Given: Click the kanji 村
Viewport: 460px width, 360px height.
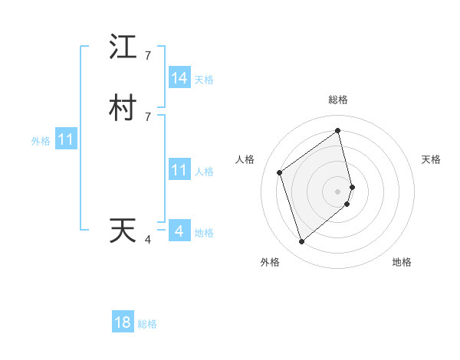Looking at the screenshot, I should coord(123,108).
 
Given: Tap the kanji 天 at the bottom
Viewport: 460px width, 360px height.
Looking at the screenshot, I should coord(123,231).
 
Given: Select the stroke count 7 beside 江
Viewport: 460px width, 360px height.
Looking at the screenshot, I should coord(148,55).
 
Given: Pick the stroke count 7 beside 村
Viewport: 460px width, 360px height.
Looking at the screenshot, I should coord(148,116).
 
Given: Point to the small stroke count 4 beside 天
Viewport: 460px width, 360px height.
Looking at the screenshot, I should coord(148,240).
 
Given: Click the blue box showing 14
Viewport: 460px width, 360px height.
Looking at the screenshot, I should coord(179,78).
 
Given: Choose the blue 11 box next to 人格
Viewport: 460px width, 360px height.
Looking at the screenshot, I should coord(179,170).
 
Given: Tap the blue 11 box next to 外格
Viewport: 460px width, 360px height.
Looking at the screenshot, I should coord(66,140).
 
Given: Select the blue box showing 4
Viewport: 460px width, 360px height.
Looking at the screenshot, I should coord(179,231).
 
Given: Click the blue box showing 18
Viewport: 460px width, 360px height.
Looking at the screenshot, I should coord(123,322).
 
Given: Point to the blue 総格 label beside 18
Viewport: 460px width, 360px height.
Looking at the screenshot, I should coord(148,324).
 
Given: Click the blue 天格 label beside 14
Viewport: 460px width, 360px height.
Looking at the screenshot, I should coord(204,80).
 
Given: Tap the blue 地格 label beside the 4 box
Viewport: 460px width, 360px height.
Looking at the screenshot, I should coord(204,233).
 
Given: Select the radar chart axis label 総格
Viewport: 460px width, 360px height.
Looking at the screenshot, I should coord(338,100).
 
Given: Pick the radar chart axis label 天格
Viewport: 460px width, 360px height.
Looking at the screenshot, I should coord(431,159).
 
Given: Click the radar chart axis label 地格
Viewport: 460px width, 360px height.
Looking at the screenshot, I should coord(402,262).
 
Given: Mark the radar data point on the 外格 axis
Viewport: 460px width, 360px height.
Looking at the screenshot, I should coord(301,242).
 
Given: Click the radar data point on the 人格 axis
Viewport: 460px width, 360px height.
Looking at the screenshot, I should coord(280,172).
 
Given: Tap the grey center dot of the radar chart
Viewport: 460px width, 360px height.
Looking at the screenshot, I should coord(338,190).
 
